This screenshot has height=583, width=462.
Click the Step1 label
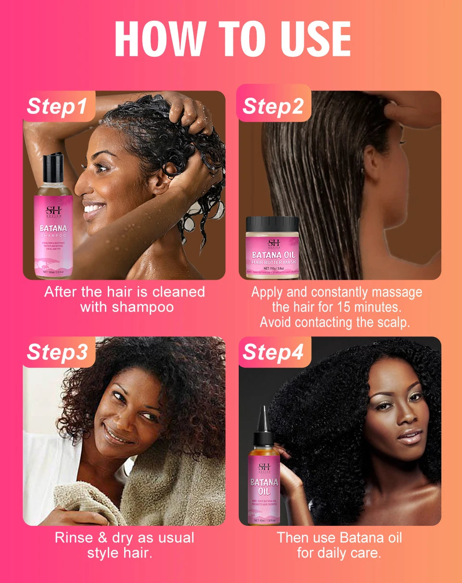coord(58,106)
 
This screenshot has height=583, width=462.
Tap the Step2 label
coord(273,106)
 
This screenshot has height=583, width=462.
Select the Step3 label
coord(58,352)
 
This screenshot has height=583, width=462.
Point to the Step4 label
coord(273,352)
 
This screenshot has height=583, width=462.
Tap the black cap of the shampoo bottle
coord(52,169)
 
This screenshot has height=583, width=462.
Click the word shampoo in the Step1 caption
coord(144,307)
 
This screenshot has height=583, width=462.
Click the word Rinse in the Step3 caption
coord(74,537)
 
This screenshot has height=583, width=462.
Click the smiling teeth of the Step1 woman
coord(94,208)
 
